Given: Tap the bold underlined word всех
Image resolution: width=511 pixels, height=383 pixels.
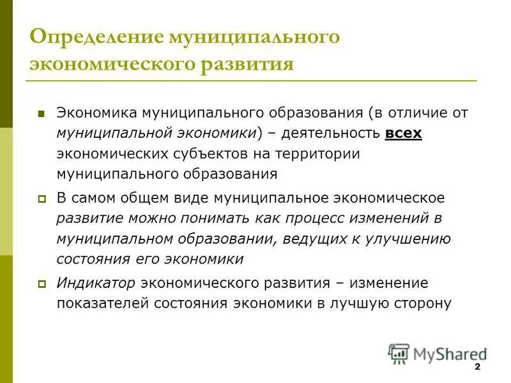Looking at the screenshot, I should click(404, 133).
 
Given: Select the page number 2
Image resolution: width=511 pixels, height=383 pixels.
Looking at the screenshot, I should click(478, 368).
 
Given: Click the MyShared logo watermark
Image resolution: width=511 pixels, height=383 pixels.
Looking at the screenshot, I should click(437, 352).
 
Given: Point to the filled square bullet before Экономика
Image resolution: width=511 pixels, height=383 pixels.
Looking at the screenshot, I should click(42, 114).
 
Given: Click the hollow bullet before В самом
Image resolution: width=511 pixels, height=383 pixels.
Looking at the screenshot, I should click(42, 199).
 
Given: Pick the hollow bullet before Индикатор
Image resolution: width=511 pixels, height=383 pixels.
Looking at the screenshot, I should click(42, 284).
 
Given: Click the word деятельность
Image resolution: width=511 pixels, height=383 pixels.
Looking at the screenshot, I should click(329, 133).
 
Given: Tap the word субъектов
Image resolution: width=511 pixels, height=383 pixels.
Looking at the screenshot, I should click(193, 154).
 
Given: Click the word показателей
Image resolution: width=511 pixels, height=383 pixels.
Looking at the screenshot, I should click(103, 303).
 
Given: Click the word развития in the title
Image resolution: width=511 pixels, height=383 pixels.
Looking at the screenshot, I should click(247, 64).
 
